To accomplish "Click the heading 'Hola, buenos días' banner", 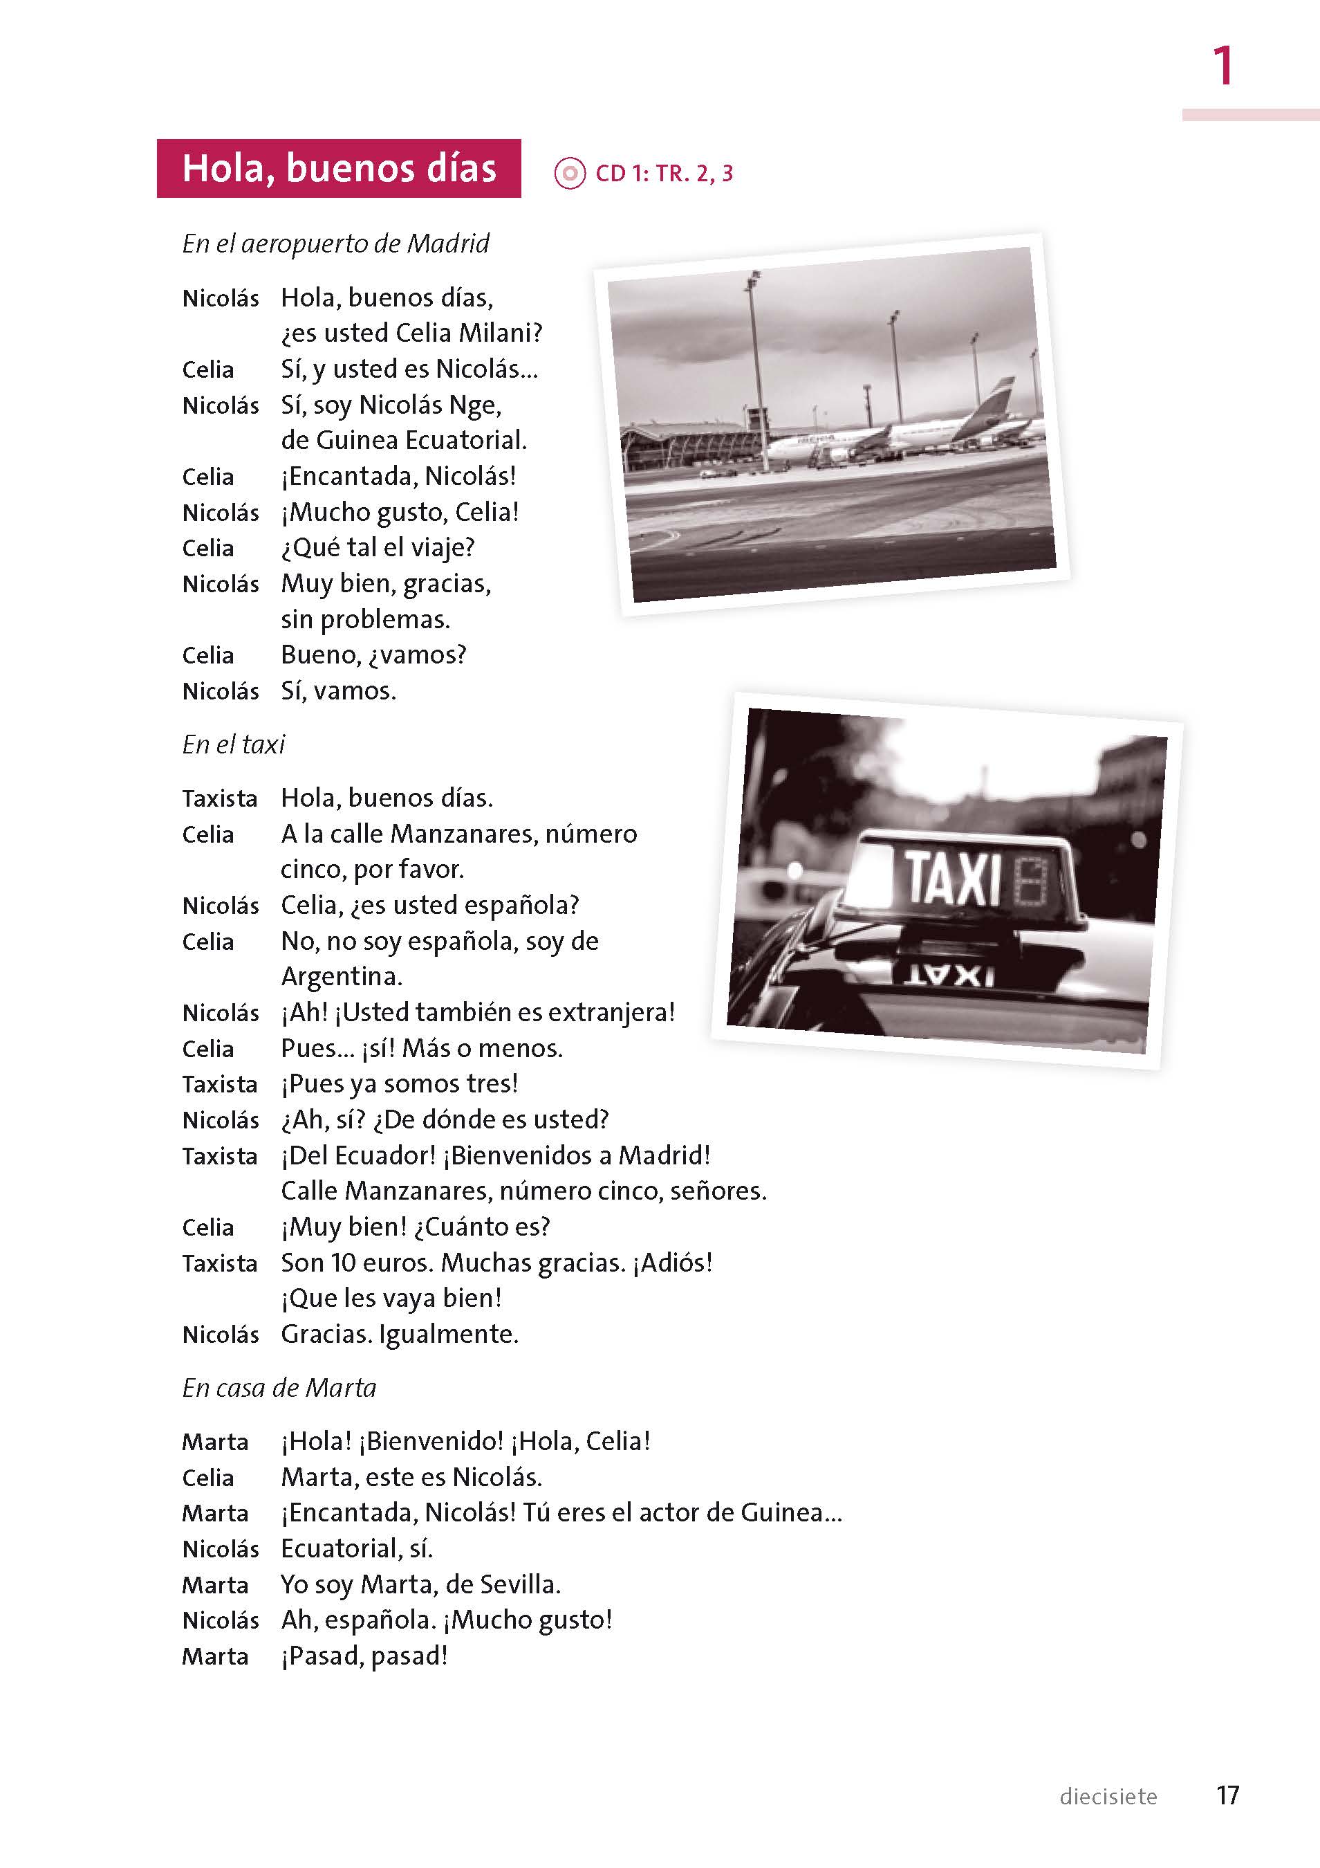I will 338,168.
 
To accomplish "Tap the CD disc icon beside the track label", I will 569,173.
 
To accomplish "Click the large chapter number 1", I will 1223,66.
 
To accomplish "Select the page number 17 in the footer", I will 1227,1795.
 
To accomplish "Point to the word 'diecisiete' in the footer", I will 1108,1797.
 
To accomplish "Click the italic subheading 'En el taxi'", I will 234,744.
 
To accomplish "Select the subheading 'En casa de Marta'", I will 279,1388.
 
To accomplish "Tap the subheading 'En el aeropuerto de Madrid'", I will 335,244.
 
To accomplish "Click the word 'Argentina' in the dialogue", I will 341,976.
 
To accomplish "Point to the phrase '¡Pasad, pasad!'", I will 364,1656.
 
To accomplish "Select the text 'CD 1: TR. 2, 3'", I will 664,173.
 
